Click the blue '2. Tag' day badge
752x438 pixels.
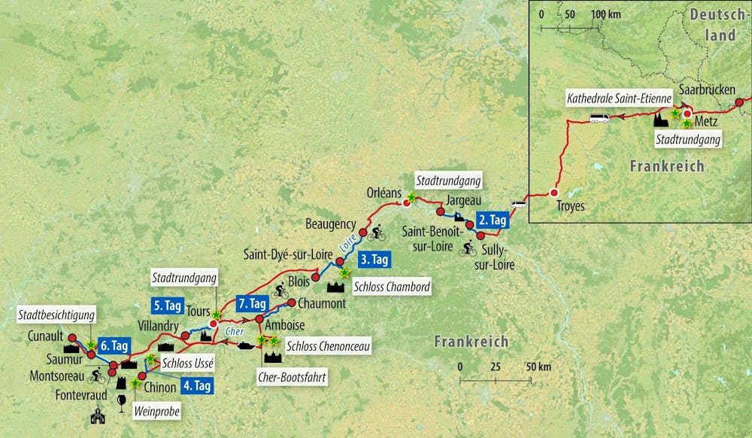click(x=493, y=220)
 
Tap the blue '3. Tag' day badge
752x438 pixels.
click(x=374, y=260)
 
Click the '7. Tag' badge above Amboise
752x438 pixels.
click(x=251, y=303)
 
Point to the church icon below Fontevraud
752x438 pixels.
click(x=97, y=415)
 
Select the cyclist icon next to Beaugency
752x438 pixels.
click(x=378, y=235)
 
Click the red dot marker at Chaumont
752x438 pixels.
click(x=293, y=303)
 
